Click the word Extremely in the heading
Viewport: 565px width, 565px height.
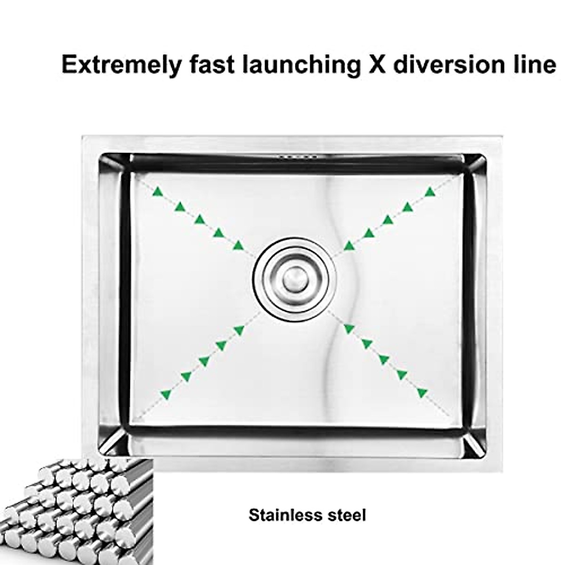(x=121, y=65)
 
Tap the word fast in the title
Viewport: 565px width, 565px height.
(x=211, y=65)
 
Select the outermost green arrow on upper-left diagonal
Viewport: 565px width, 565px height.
(x=158, y=191)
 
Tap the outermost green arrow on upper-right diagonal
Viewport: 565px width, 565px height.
(x=429, y=191)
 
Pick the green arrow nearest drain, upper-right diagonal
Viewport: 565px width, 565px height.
(x=349, y=245)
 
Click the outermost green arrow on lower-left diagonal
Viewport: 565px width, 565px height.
(x=165, y=394)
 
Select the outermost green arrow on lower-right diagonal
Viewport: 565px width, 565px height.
(x=422, y=392)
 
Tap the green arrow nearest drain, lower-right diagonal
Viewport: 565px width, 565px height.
(x=348, y=329)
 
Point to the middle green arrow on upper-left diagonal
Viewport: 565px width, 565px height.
(x=200, y=219)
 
